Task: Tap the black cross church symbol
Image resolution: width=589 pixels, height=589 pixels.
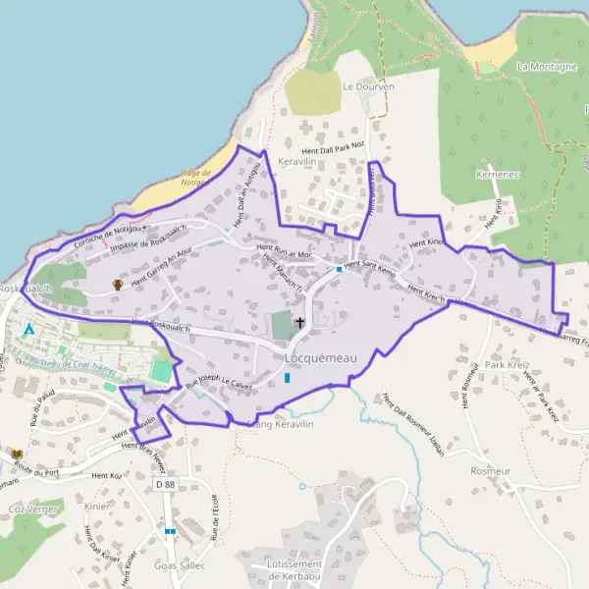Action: click(299, 322)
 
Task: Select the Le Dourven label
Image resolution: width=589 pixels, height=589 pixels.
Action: click(368, 86)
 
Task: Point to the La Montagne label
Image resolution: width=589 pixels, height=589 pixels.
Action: click(546, 66)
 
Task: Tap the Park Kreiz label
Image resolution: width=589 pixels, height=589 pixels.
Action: click(508, 364)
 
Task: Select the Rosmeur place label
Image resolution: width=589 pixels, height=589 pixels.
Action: click(492, 470)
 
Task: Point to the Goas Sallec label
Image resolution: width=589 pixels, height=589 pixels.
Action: click(180, 565)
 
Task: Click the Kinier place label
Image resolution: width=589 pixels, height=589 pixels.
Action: click(97, 507)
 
